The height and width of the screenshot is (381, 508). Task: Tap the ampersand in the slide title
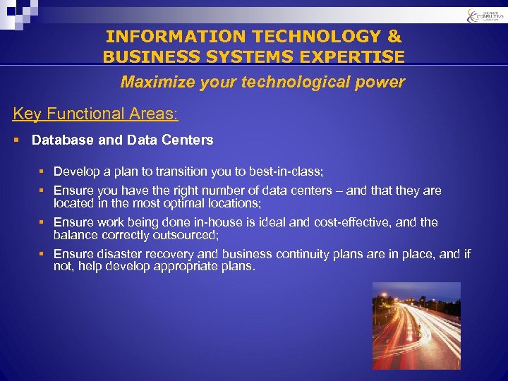[x=393, y=36]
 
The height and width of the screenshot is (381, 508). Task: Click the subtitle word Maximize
[x=150, y=82]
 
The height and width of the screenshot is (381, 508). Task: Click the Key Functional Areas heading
[x=96, y=114]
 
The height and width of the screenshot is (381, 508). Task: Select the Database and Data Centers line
[x=122, y=140]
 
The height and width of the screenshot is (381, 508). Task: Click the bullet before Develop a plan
[x=42, y=171]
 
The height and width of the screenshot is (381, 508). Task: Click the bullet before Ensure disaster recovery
[x=42, y=254]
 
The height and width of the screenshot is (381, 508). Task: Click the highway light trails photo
[x=416, y=326]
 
